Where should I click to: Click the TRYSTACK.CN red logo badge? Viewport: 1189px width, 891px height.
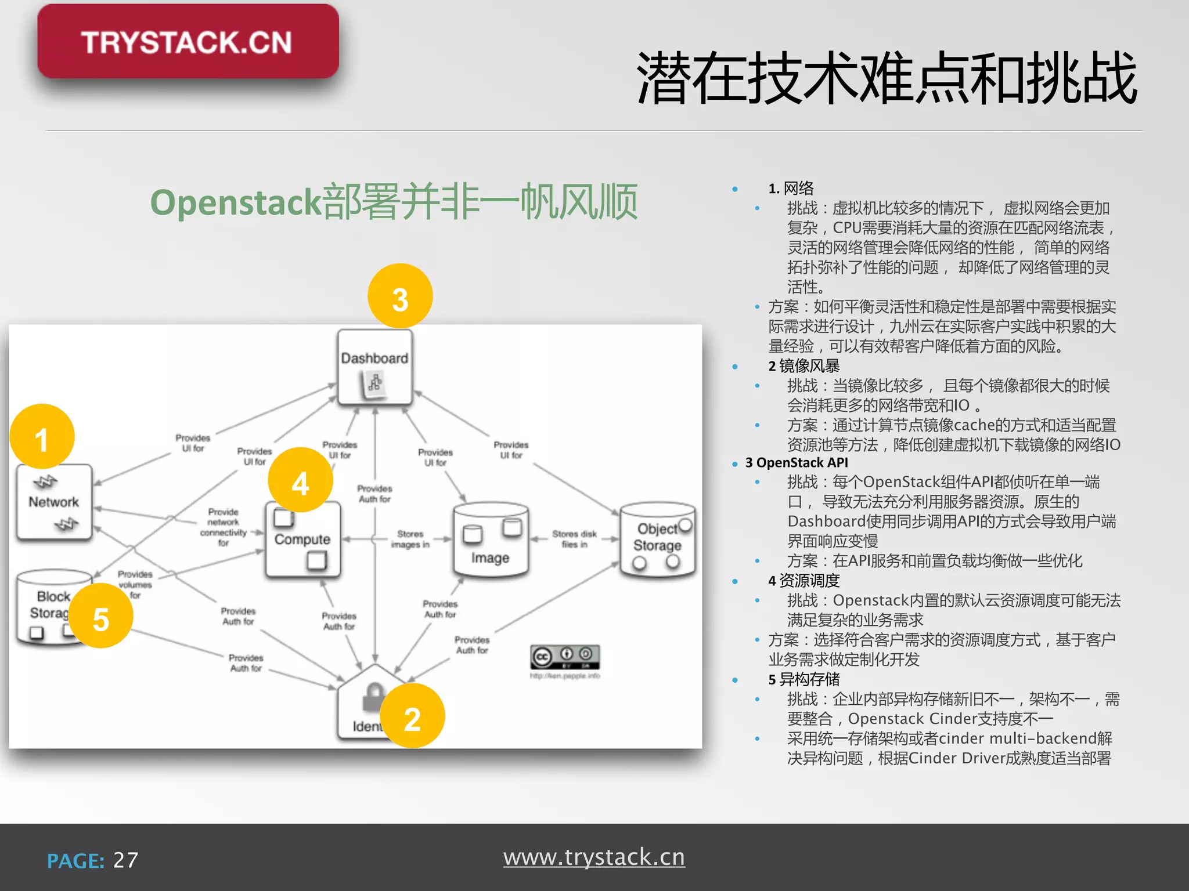coord(188,42)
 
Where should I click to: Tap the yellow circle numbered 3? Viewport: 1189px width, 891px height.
coord(400,296)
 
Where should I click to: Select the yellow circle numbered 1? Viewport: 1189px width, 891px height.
coord(42,437)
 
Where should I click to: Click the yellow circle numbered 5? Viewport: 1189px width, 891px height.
coord(101,616)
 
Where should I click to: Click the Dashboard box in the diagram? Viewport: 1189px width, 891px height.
coord(374,367)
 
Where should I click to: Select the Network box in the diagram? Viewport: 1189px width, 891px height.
coord(54,502)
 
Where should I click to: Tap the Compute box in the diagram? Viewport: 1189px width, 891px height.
coord(302,539)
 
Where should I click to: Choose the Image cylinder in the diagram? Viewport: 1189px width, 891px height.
coord(491,541)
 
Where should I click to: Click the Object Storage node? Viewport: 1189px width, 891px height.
coord(657,539)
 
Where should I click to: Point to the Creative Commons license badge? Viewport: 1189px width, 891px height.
coord(565,657)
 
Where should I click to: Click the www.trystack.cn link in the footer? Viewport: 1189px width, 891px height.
coord(594,857)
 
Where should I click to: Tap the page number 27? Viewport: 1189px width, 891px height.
coord(126,860)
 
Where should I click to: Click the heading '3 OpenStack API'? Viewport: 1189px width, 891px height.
coord(797,462)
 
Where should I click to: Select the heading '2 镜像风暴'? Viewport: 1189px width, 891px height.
coord(804,366)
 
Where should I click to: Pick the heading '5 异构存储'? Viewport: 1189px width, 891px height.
coord(804,679)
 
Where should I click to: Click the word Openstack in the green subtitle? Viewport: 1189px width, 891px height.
coord(236,202)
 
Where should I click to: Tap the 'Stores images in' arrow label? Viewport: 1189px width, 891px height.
coord(410,539)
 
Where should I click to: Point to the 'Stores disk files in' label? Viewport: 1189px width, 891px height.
coord(574,539)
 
